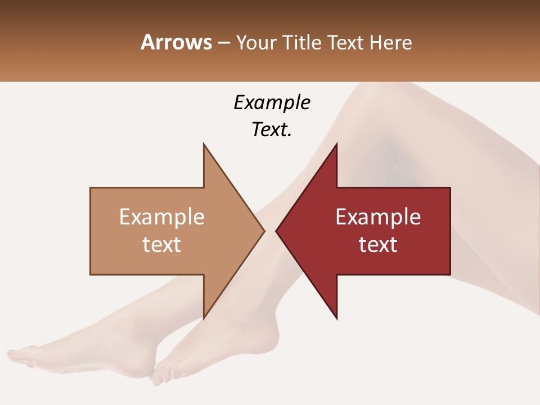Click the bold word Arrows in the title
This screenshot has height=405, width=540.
(177, 42)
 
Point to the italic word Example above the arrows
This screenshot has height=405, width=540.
(272, 102)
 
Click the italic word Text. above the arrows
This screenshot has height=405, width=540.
(272, 129)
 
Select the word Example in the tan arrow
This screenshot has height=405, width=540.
(162, 217)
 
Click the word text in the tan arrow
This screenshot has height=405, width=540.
(162, 244)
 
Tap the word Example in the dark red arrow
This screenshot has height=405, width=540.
(378, 217)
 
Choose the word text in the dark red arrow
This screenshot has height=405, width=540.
(378, 244)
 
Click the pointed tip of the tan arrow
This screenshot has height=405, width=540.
(264, 231)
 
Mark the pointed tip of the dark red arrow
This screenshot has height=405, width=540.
(276, 231)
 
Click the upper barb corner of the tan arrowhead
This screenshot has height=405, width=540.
(204, 144)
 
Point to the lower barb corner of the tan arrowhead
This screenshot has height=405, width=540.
(204, 318)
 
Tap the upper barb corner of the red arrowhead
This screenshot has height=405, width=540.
(336, 144)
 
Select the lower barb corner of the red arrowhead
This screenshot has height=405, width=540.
(336, 318)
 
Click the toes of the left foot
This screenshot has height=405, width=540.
(17, 357)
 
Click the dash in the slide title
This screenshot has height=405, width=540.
(223, 43)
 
